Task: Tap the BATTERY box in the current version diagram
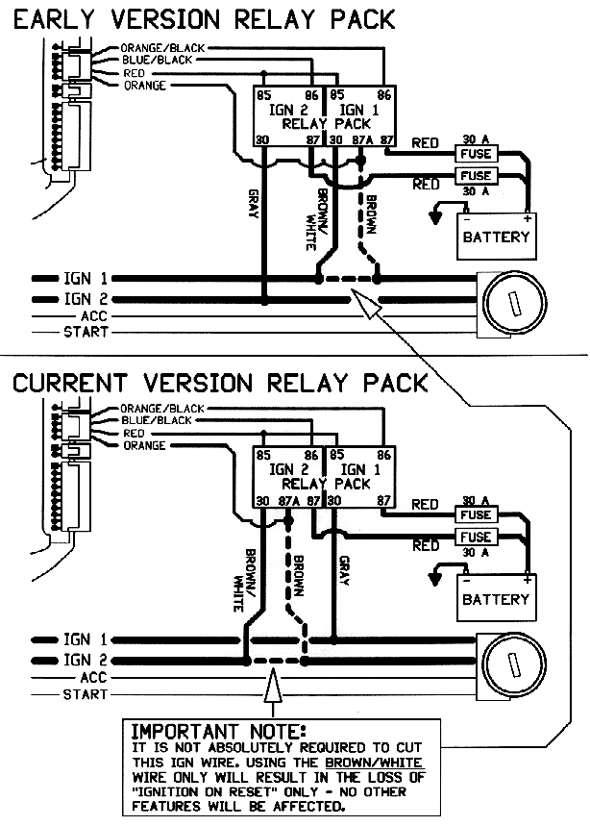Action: (x=496, y=598)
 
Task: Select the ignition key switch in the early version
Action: (x=512, y=304)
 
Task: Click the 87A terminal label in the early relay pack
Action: (x=361, y=140)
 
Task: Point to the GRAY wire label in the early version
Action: (x=252, y=202)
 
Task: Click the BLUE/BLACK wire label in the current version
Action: (x=157, y=420)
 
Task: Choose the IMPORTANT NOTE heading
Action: (x=217, y=731)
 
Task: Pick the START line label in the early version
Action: (x=86, y=333)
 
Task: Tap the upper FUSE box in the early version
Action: (x=476, y=154)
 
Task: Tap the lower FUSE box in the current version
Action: (x=476, y=538)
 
